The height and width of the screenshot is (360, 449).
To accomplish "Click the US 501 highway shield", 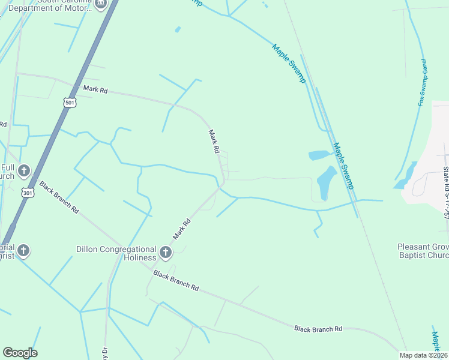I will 70,103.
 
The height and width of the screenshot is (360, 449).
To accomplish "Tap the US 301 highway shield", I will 28,193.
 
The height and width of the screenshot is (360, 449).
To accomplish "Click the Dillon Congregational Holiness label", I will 116,254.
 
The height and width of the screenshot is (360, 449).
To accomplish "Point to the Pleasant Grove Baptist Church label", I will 423,251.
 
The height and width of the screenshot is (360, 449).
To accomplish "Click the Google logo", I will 20,353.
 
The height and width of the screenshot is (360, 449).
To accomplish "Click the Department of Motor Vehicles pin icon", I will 100,4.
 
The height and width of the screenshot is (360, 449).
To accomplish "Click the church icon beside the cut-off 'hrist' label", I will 23,250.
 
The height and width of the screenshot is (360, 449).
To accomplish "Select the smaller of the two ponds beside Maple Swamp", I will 319,155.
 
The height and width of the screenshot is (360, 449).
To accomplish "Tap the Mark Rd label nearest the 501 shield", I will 95,89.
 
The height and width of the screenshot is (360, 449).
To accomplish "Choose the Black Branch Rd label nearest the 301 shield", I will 59,197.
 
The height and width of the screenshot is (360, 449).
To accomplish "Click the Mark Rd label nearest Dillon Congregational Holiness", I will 182,229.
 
